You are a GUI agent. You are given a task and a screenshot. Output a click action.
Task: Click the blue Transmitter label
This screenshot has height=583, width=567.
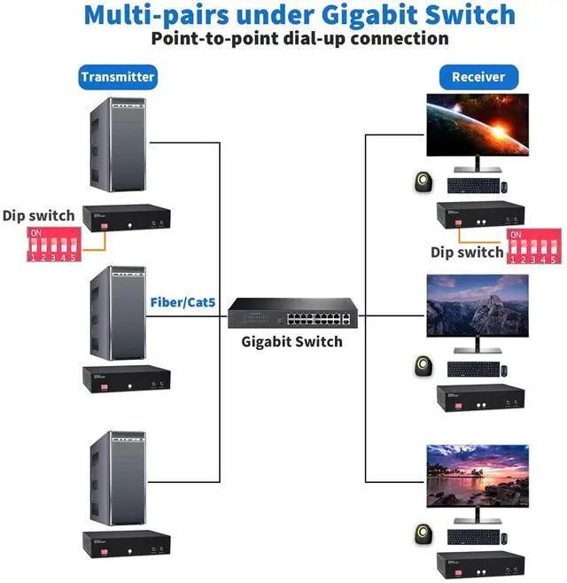pos(118,77)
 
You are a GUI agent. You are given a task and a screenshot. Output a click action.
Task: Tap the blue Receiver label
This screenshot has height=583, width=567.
pos(478,77)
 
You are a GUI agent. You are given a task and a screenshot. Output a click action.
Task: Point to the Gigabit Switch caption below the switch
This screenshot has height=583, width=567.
pos(292,342)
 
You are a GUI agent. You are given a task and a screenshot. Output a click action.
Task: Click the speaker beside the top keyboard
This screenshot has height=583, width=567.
pos(422,183)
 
